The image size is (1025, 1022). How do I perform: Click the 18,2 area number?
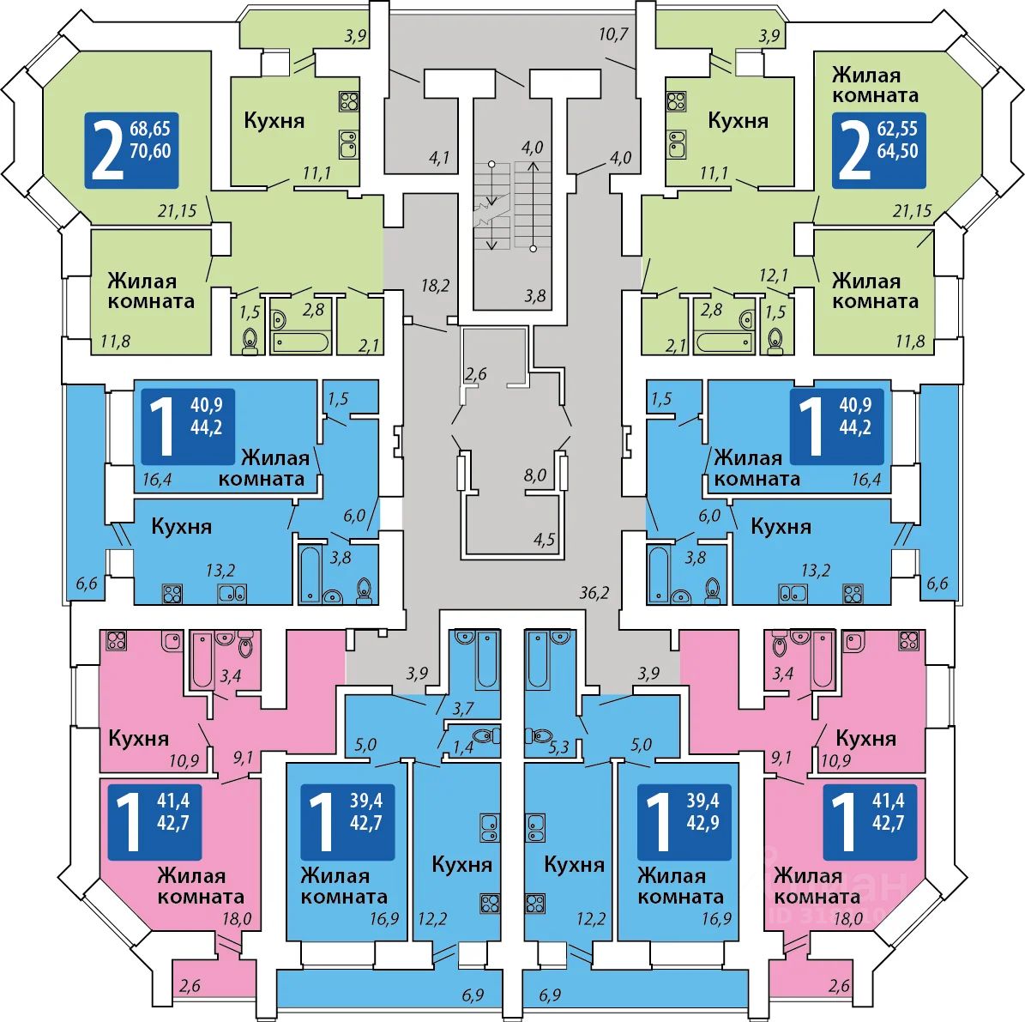pos(435,286)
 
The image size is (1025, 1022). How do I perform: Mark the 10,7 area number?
pos(614,35)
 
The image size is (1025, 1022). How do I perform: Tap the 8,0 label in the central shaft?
pos(535,475)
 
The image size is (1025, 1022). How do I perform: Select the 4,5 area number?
pos(544,540)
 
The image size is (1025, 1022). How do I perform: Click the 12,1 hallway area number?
pos(773,275)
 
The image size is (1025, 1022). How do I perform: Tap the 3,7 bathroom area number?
pos(462,708)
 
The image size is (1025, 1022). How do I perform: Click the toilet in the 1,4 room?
pos(486,735)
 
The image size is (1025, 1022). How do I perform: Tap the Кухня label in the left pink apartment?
pos(139,738)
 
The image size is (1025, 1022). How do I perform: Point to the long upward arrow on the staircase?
pos(533,205)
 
